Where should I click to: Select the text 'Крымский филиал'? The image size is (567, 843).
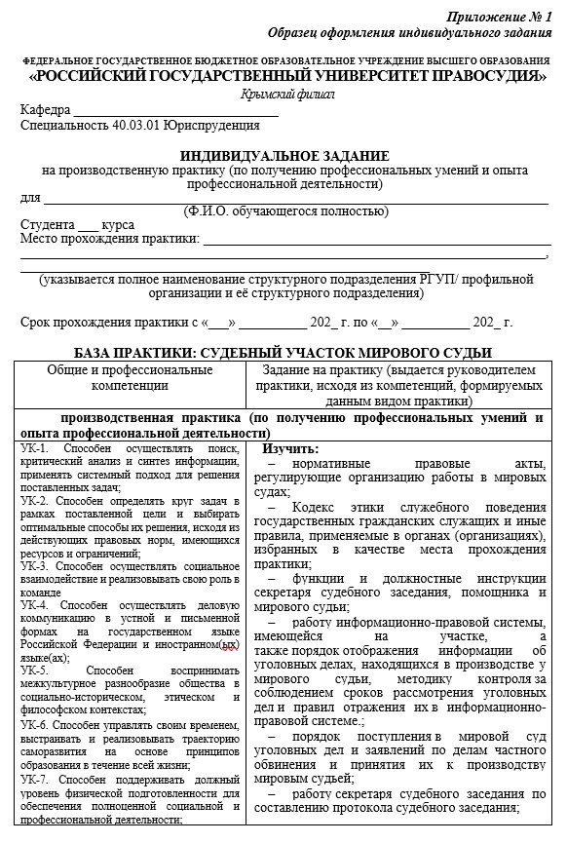(x=287, y=94)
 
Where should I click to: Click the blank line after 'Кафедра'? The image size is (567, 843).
(x=175, y=109)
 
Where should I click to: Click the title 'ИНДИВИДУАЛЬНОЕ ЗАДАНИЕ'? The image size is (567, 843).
(x=284, y=156)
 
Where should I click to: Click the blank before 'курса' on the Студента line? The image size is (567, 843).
(x=89, y=224)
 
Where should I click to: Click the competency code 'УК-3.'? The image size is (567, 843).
(x=35, y=565)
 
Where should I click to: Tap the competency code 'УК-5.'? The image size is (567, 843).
(x=34, y=671)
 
